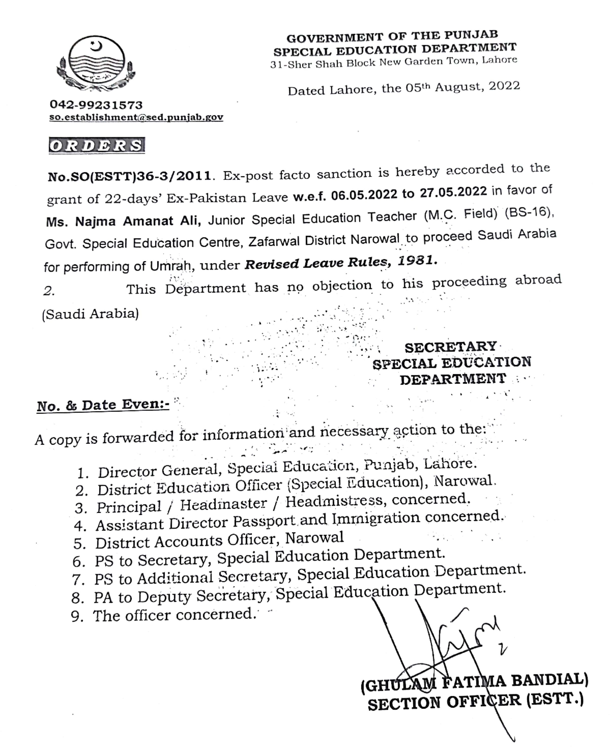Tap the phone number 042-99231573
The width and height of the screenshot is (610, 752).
pos(96,105)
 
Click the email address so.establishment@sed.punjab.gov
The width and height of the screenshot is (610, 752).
pos(136,117)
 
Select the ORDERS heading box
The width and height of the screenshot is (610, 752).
pos(97,145)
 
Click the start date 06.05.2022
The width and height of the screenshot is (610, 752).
pos(364,194)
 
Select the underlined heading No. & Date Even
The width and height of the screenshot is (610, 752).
pos(103,406)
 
